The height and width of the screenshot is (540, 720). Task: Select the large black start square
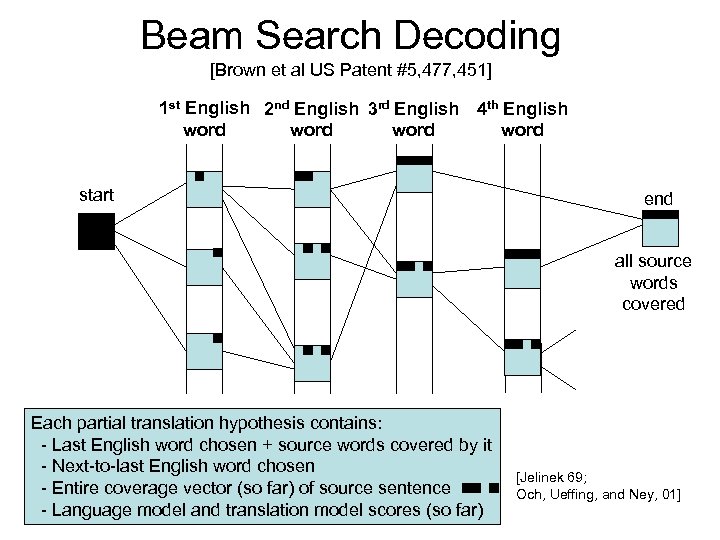coord(96,232)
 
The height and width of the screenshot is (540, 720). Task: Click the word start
coord(96,195)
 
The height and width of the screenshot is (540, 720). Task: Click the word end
coord(658,199)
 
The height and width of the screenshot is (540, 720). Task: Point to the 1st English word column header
coord(205,119)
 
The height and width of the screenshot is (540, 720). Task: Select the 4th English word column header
coord(521,119)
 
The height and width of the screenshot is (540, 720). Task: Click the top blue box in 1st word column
coord(204,190)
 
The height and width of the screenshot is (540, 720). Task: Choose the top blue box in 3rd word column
coord(414,177)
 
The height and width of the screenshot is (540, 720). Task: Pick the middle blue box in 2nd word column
coord(312,261)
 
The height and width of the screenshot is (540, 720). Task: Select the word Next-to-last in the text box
coord(99,466)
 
